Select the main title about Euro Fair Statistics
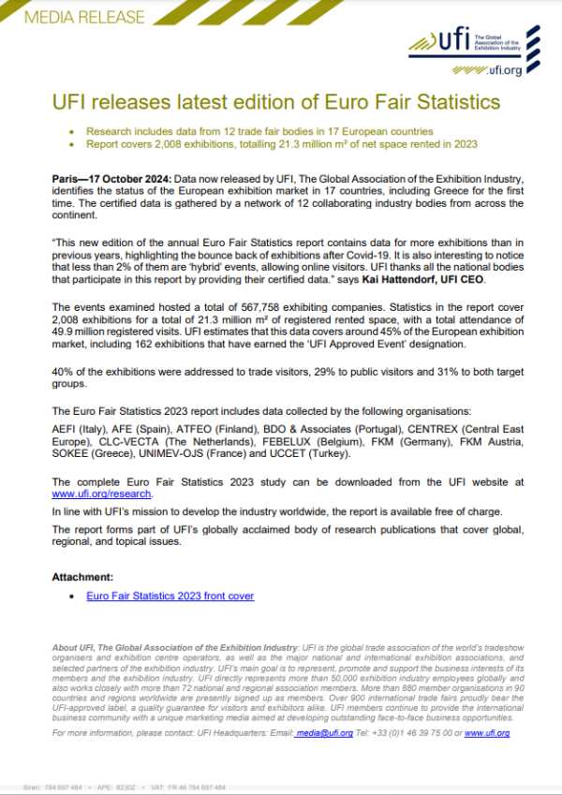coord(275,100)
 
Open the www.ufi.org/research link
coord(101,493)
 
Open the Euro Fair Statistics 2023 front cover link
coord(170,596)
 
